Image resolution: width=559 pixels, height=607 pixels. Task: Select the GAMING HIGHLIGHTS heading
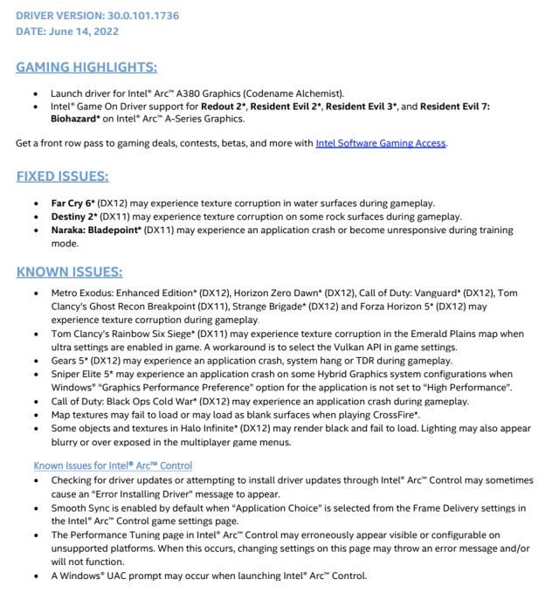pyautogui.click(x=86, y=67)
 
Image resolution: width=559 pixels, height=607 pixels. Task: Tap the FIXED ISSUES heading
pyautogui.click(x=62, y=176)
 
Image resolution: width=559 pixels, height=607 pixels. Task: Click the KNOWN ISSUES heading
pyautogui.click(x=69, y=272)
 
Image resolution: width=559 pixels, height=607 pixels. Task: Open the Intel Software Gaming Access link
pyautogui.click(x=381, y=142)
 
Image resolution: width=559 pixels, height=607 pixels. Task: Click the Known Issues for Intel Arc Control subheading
pyautogui.click(x=113, y=466)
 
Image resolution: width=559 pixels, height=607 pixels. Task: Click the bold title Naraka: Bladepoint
pyautogui.click(x=95, y=231)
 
